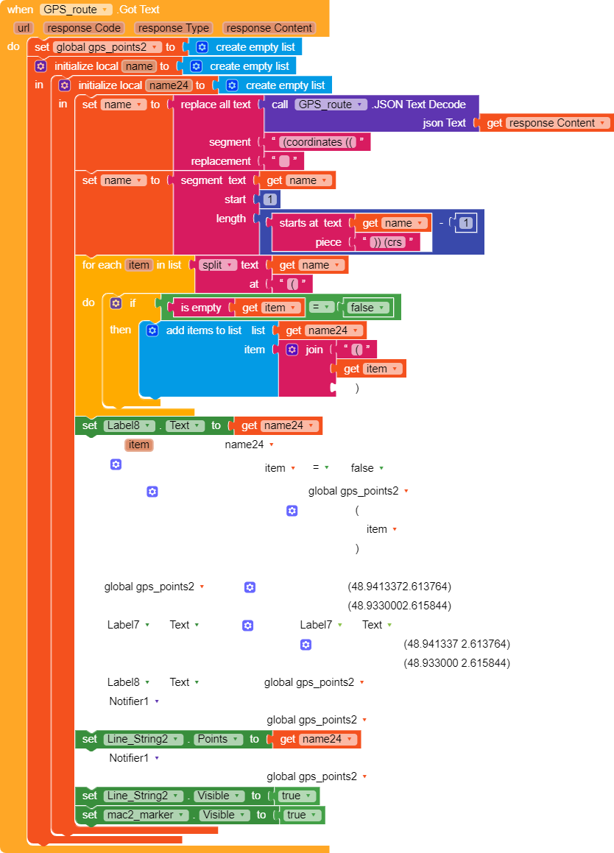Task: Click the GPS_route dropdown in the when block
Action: click(x=76, y=10)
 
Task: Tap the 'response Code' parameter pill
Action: click(x=84, y=28)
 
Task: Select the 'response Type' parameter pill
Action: click(x=174, y=28)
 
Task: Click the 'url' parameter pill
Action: click(x=24, y=28)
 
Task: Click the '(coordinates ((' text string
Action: click(x=317, y=142)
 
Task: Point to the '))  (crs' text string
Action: click(x=387, y=242)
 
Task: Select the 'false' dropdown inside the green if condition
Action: click(x=367, y=308)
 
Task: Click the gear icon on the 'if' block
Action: click(x=116, y=303)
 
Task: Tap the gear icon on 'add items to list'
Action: click(x=152, y=330)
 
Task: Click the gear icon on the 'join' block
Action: click(x=292, y=350)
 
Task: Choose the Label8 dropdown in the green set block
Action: click(x=129, y=425)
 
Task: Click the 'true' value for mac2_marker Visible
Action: click(x=301, y=815)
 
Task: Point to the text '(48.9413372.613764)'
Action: click(x=400, y=587)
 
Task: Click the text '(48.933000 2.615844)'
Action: click(x=456, y=662)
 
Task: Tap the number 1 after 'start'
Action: click(x=270, y=199)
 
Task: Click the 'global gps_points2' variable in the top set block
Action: click(x=107, y=47)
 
